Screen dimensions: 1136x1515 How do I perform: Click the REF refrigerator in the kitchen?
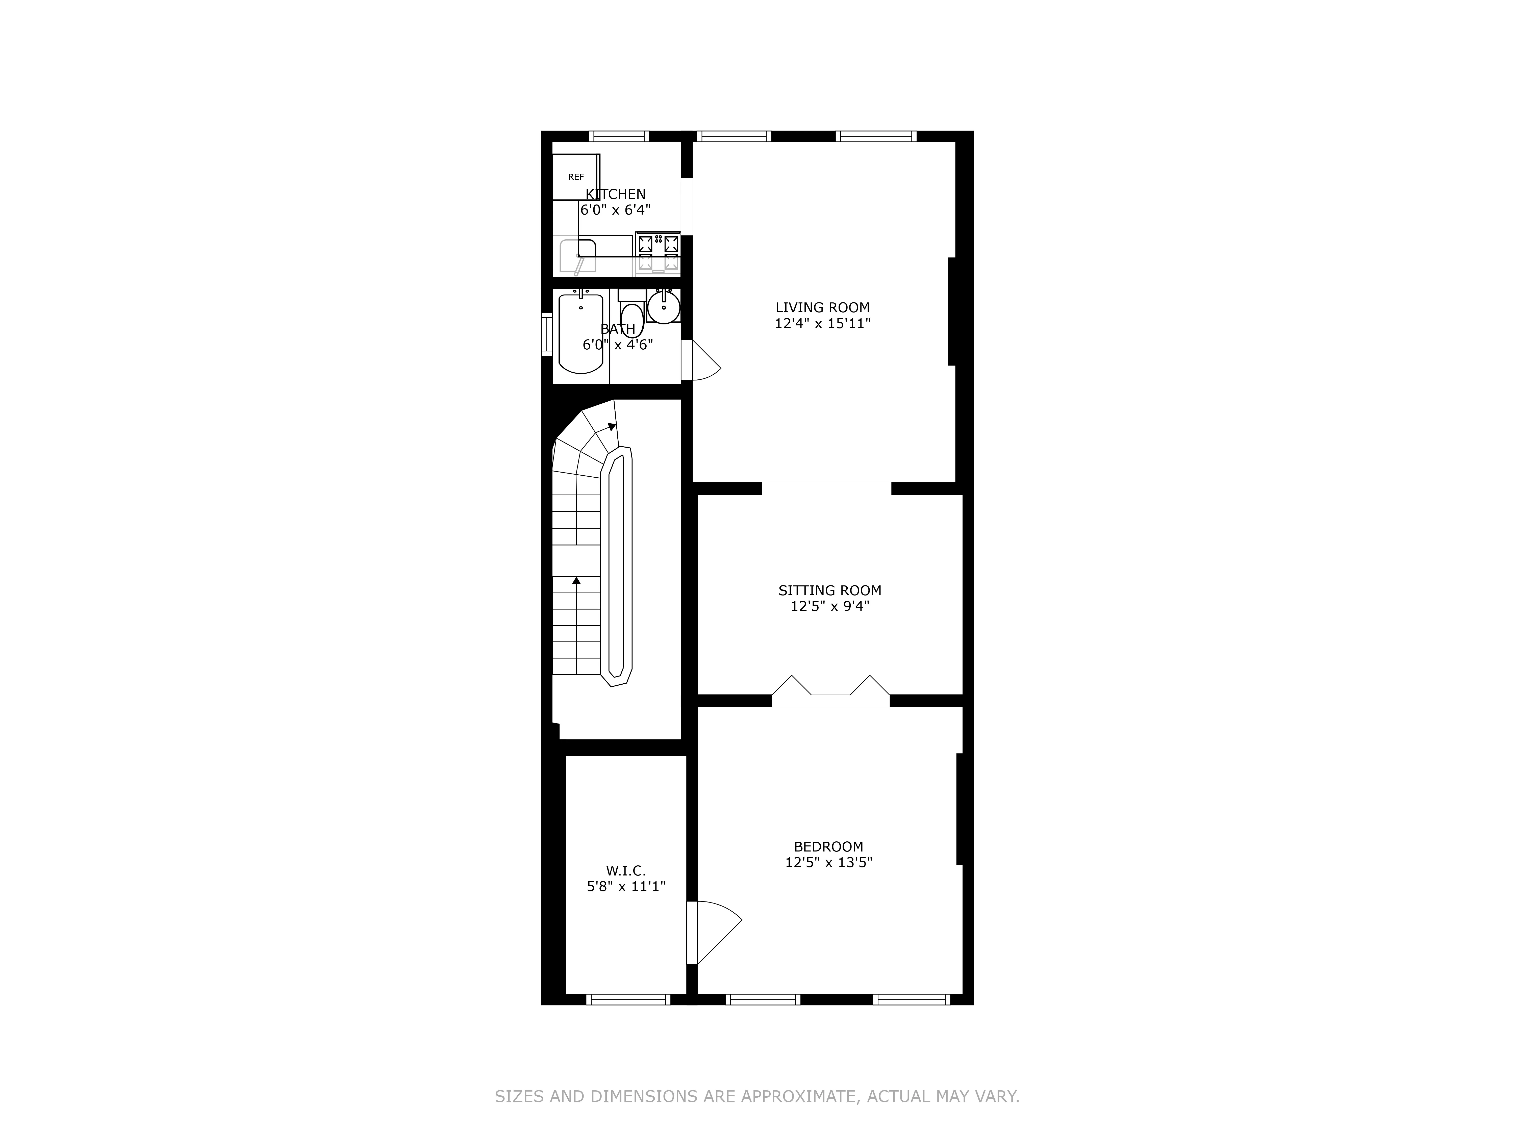coord(576,177)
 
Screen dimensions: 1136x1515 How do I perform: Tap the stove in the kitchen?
coord(658,252)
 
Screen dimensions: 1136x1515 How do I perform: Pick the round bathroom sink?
coord(663,307)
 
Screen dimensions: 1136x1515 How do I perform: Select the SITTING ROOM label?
coord(829,590)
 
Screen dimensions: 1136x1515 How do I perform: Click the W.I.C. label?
coord(625,870)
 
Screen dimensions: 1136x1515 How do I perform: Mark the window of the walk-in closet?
coord(628,1000)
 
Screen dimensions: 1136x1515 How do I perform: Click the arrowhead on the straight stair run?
coord(576,581)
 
